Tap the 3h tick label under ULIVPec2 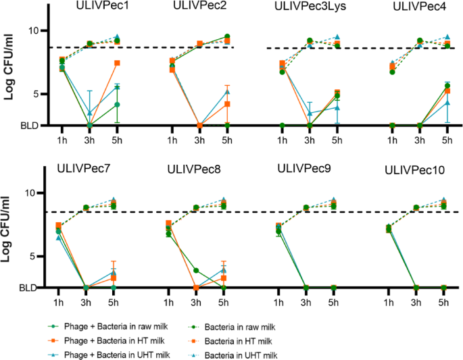tap(199, 140)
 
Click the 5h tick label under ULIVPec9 tap(337, 302)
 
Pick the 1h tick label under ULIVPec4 tap(393, 140)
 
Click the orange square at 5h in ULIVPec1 tap(117, 63)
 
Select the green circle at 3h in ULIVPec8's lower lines tap(196, 270)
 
